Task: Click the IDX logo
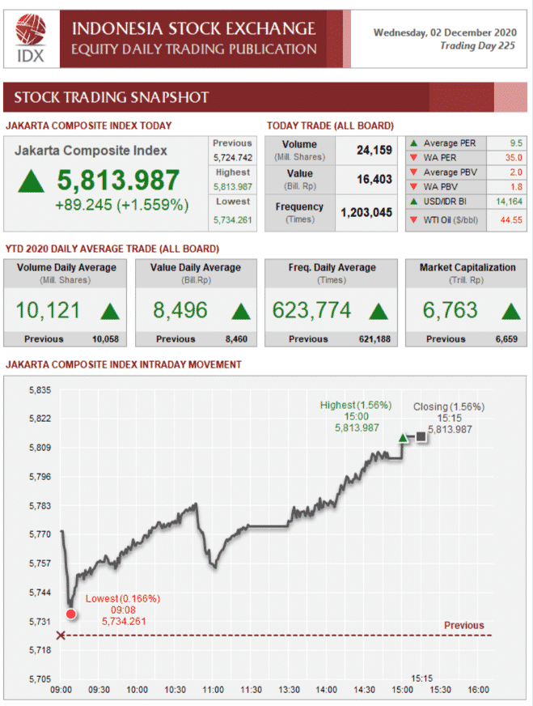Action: [x=30, y=38]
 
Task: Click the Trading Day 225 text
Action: [x=477, y=46]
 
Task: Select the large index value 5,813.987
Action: [x=118, y=180]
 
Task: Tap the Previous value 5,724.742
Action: [x=232, y=157]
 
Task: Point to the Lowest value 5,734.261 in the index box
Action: [x=232, y=219]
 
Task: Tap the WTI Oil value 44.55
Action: [x=510, y=220]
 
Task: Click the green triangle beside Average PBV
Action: [x=414, y=172]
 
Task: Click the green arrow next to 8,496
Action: [x=240, y=311]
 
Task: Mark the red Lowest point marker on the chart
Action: [x=70, y=615]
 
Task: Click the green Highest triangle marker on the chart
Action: [x=403, y=438]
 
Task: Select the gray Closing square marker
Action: [x=421, y=437]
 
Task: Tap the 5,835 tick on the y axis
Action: [x=40, y=390]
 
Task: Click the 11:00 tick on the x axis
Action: [x=213, y=690]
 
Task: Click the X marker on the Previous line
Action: [x=61, y=636]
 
